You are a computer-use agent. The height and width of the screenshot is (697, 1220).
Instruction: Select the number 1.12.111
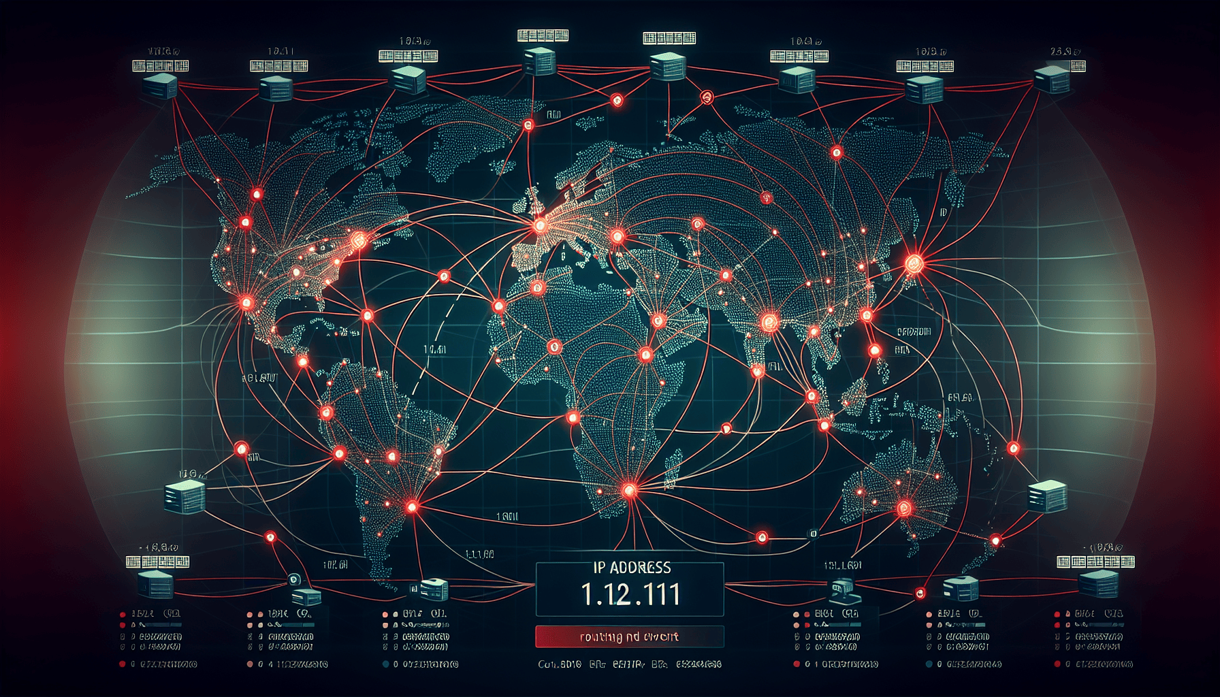(x=630, y=594)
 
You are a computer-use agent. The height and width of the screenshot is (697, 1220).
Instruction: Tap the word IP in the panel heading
(x=599, y=568)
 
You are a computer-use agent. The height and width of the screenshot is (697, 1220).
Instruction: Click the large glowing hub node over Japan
(x=914, y=262)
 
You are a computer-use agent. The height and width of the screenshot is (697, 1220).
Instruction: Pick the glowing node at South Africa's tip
(x=629, y=489)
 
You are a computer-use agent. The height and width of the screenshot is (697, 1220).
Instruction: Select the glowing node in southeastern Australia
(x=904, y=507)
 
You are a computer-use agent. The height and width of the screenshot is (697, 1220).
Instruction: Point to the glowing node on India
(x=769, y=321)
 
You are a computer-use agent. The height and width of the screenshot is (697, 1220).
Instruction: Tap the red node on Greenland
(x=528, y=125)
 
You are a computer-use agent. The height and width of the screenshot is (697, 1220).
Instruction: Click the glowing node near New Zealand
(x=996, y=541)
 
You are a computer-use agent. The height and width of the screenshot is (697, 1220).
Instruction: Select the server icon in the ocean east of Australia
(x=1047, y=496)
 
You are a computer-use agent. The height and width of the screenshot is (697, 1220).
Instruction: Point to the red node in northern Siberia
(x=837, y=152)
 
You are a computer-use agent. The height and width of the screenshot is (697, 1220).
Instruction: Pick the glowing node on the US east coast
(x=357, y=240)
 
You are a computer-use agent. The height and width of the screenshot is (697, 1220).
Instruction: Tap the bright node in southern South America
(x=411, y=506)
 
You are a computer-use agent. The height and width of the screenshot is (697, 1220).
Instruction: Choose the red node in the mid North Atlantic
(x=444, y=276)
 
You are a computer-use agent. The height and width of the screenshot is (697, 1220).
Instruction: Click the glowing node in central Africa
(x=645, y=354)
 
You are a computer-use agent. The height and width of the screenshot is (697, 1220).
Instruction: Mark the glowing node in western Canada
(x=257, y=195)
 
